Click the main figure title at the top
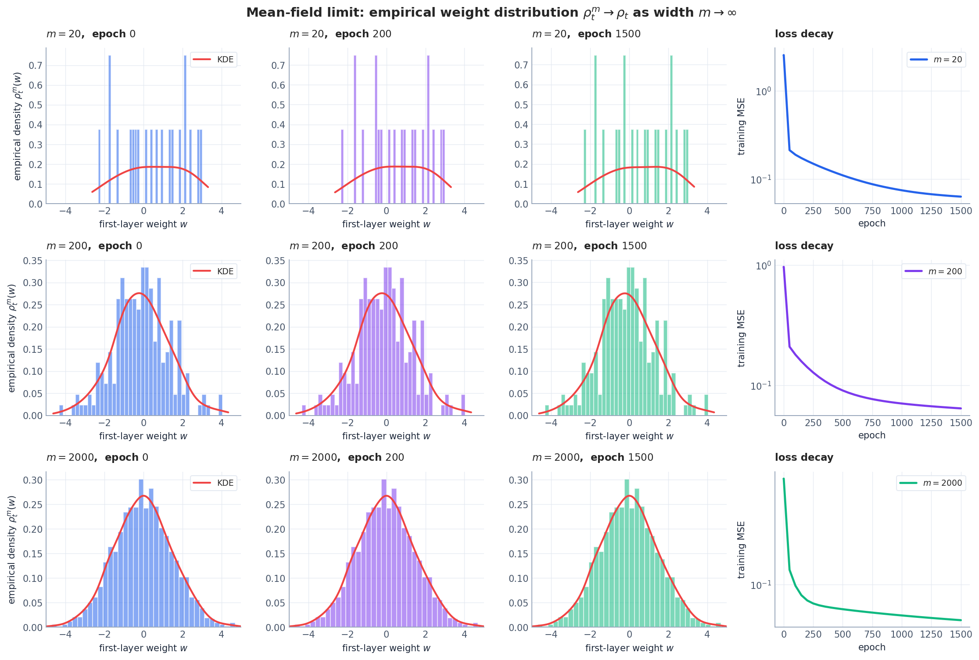(x=491, y=13)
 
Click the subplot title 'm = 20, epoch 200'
(x=340, y=34)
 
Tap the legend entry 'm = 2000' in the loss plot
(x=931, y=483)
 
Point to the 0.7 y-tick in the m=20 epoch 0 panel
(x=36, y=65)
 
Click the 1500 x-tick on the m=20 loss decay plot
(x=961, y=211)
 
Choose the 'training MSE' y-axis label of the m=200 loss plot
(x=741, y=338)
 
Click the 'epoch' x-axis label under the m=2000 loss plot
(x=871, y=647)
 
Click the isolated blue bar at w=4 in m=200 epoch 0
(x=220, y=405)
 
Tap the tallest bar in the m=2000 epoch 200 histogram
(x=384, y=553)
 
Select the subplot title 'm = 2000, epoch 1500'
(x=592, y=458)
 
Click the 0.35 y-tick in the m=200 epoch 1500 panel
(x=518, y=261)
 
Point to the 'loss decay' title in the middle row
(x=804, y=246)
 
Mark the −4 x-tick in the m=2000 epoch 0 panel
(x=65, y=635)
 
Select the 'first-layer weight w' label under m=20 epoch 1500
(x=629, y=224)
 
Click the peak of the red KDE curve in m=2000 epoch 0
(x=143, y=496)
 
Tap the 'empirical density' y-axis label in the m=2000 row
(x=12, y=549)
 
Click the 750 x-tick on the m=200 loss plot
(x=872, y=423)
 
